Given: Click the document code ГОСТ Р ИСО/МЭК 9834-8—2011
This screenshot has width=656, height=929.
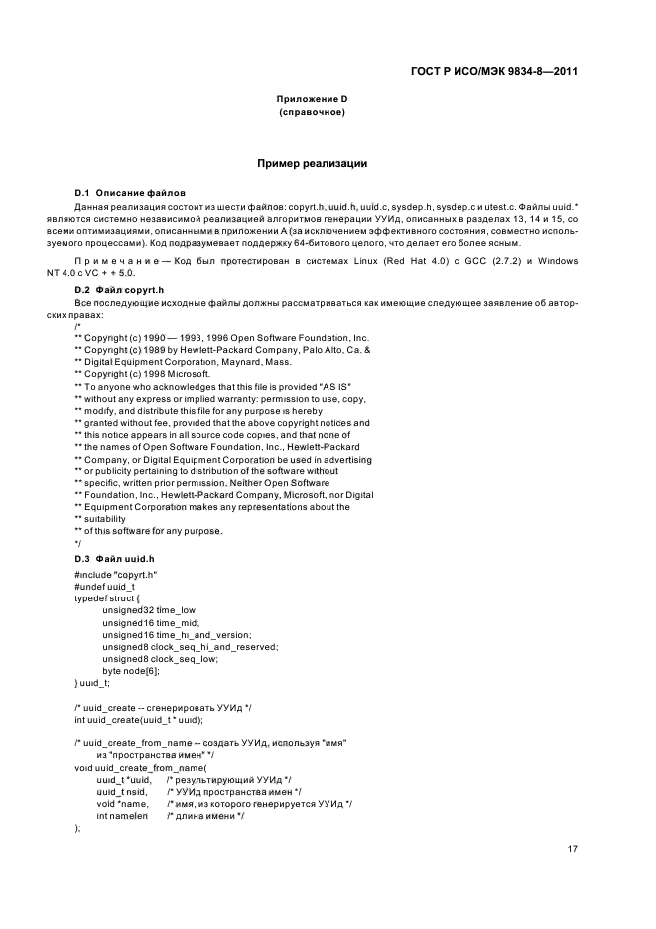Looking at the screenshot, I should (493, 71).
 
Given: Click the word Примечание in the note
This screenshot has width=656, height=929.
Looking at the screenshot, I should (116, 259).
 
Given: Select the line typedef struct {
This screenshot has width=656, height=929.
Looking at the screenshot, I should (108, 597).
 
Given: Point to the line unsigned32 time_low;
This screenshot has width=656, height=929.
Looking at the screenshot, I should (150, 609).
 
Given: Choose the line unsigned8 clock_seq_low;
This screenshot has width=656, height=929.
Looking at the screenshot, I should (160, 659).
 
